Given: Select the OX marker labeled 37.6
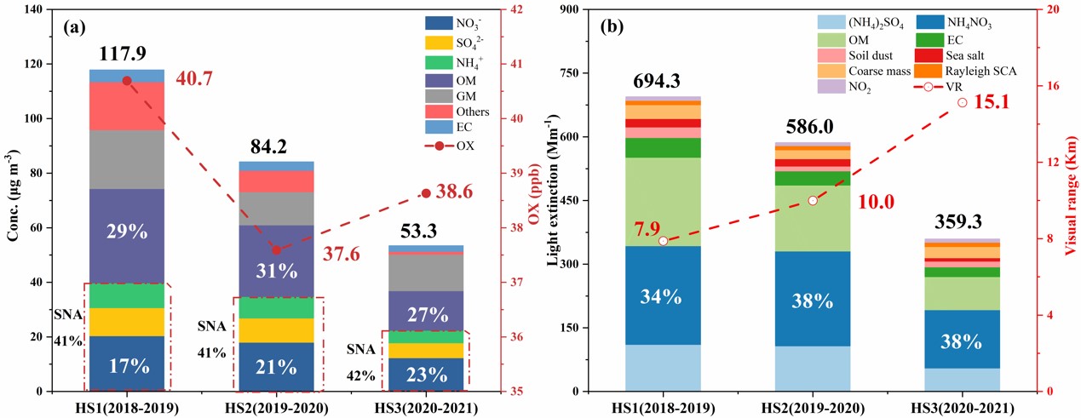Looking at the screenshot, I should click(275, 249).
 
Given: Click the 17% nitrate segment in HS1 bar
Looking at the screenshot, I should click(127, 366).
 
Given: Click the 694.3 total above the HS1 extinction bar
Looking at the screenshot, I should click(657, 82).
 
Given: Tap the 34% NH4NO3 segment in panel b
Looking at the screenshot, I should click(663, 296).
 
